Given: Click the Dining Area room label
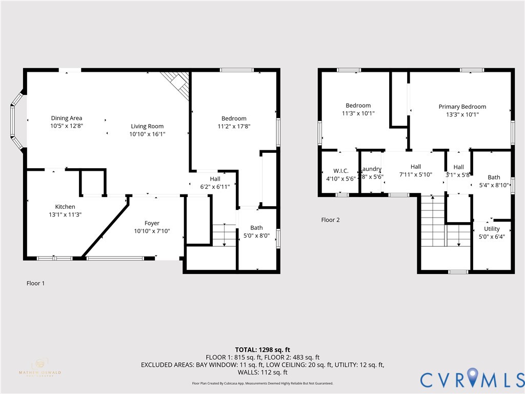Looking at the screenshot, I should tap(66, 119).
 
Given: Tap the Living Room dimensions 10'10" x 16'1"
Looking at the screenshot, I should tap(147, 134).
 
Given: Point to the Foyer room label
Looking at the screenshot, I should tap(152, 223).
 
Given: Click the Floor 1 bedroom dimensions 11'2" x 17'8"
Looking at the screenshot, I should tap(234, 126).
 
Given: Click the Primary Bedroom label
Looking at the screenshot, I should tap(462, 107).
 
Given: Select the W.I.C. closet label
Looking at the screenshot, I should tap(340, 171).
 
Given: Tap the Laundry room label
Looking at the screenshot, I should tap(371, 169).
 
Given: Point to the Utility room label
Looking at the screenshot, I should tap(492, 229).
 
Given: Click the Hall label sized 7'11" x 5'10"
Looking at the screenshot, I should tap(416, 167).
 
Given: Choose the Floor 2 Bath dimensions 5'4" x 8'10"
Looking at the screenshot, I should tap(494, 185).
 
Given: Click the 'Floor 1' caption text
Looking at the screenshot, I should tap(35, 283).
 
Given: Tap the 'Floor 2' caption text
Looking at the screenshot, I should tap(330, 220).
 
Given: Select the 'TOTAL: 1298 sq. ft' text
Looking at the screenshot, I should tap(262, 350).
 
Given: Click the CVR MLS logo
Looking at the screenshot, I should tap(472, 379).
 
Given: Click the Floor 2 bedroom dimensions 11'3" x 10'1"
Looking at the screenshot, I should tap(358, 113).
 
